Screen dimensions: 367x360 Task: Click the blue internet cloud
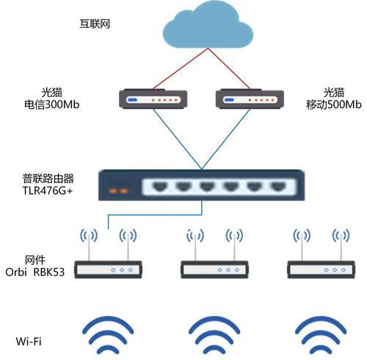coord(208,26)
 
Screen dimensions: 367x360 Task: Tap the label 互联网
coord(95,24)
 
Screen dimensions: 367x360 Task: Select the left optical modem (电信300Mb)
coord(153,98)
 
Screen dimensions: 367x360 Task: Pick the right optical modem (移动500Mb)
coord(250,98)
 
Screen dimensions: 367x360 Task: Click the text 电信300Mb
coord(52,104)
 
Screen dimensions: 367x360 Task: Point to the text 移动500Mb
coord(334,104)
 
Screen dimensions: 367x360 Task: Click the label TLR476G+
coord(48,190)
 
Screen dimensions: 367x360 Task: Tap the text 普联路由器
coord(48,179)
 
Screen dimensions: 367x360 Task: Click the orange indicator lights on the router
coord(119,191)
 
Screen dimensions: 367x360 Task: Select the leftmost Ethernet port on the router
coord(160,187)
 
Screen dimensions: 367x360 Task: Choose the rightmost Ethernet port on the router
coord(278,187)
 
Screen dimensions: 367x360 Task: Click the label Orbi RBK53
coord(35,272)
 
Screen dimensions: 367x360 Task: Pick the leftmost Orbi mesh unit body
coord(108,270)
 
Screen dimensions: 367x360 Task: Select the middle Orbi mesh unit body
coord(214,270)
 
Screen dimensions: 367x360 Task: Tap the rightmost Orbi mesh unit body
coord(321,270)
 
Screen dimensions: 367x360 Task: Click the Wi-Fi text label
coord(29,342)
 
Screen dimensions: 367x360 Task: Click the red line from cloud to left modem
coord(181,68)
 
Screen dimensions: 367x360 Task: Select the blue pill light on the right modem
coord(229,100)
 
